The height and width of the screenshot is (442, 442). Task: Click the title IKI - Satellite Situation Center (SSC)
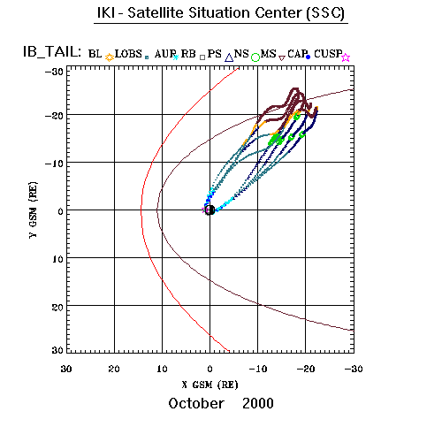point(221,13)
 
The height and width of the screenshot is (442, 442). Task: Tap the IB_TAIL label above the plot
point(52,52)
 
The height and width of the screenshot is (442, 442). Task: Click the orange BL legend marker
point(110,57)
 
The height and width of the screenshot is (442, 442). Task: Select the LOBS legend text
point(128,54)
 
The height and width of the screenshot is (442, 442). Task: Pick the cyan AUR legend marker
point(176,57)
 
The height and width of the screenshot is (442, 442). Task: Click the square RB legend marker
point(202,57)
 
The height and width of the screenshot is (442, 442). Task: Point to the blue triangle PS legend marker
point(229,57)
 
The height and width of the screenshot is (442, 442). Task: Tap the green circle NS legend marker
point(255,57)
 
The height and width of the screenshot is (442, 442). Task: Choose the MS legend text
point(268,54)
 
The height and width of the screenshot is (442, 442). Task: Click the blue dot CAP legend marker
point(309,57)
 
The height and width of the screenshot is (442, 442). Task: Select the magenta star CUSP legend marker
point(346,57)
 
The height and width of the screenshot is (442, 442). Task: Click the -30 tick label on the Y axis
point(54,72)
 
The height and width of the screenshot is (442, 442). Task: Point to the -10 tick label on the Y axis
point(54,164)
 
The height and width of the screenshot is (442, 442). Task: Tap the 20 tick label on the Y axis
point(57,308)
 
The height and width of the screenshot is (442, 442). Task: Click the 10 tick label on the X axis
point(162,369)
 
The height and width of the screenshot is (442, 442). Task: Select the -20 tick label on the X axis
point(306,369)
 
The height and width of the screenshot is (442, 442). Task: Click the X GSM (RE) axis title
point(210,385)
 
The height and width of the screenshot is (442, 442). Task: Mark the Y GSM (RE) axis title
point(34,210)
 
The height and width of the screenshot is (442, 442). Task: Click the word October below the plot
point(196,403)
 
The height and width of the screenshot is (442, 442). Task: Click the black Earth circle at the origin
point(210,210)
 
